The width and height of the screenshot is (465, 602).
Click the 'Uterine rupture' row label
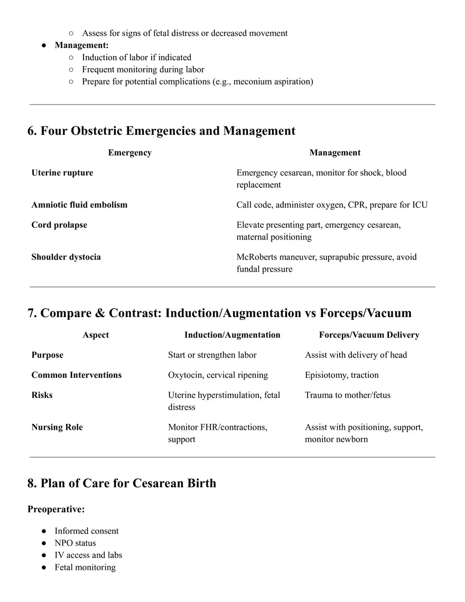pyautogui.click(x=62, y=173)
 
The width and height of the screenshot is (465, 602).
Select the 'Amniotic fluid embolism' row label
pyautogui.click(x=79, y=205)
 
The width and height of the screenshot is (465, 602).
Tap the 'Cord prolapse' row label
pyautogui.click(x=59, y=225)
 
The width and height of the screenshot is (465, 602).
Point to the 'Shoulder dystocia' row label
pyautogui.click(x=66, y=257)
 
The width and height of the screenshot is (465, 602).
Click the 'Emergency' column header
pyautogui.click(x=129, y=153)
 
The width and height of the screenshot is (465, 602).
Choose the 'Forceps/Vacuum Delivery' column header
pyautogui.click(x=369, y=335)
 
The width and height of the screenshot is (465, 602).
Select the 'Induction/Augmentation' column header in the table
pyautogui.click(x=232, y=335)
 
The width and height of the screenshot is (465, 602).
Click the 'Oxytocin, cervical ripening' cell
pyautogui.click(x=218, y=375)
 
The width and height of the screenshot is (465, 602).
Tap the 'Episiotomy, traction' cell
pyautogui.click(x=341, y=375)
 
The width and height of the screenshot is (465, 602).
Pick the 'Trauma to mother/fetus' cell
pyautogui.click(x=348, y=395)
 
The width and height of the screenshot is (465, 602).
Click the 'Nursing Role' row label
pyautogui.click(x=57, y=428)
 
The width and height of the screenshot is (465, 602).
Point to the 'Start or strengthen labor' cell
pyautogui.click(x=212, y=355)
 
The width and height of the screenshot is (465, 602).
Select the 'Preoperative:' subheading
pyautogui.click(x=56, y=510)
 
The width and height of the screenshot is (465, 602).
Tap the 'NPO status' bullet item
pyautogui.click(x=75, y=543)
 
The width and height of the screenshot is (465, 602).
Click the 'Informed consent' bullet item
pyautogui.click(x=87, y=531)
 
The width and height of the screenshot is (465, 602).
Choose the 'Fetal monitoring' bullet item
pyautogui.click(x=85, y=568)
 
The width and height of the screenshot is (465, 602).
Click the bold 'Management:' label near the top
pyautogui.click(x=81, y=45)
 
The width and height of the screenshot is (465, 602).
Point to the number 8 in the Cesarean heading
pyautogui.click(x=31, y=484)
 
